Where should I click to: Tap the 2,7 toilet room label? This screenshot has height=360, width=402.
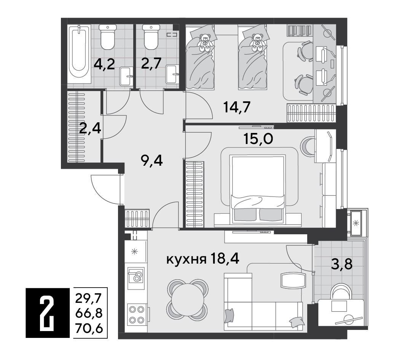[151, 63]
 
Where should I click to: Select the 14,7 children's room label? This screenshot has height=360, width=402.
[237, 107]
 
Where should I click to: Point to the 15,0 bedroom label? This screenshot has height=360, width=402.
[258, 139]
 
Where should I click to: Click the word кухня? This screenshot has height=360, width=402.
[187, 260]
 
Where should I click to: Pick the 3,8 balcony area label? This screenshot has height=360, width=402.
[342, 264]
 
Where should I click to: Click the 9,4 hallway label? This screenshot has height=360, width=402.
[152, 161]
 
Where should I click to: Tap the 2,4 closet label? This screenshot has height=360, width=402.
[90, 128]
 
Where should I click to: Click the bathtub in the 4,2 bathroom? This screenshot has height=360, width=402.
[79, 54]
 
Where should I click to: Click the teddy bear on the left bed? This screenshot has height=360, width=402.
[204, 43]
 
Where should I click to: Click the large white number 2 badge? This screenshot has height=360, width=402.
[47, 313]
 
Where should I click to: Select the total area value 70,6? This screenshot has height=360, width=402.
[89, 328]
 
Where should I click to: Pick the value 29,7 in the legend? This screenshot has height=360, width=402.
[89, 298]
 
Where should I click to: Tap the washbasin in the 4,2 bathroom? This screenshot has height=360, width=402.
[126, 76]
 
